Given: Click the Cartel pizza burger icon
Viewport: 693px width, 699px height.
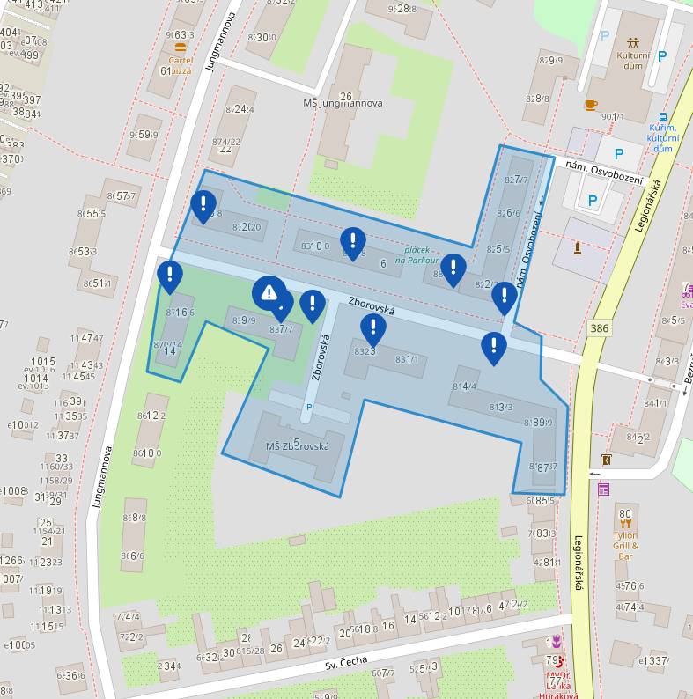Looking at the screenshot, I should tap(181, 48).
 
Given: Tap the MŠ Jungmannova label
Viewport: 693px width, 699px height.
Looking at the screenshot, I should tap(343, 103).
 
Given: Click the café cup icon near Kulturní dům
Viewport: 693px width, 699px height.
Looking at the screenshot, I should tap(591, 105).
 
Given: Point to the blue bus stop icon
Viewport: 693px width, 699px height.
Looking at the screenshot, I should tap(662, 116).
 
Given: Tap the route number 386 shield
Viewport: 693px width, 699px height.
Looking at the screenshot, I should tap(600, 327).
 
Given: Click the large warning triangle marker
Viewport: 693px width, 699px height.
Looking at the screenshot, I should tap(269, 293).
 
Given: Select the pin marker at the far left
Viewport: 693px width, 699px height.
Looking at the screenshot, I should tap(170, 276).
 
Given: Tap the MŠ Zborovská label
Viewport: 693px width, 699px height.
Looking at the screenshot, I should tap(297, 446).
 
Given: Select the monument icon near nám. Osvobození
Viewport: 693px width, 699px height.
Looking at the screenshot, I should tap(578, 248).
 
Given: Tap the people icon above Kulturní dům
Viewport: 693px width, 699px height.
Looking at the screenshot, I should tap(633, 42).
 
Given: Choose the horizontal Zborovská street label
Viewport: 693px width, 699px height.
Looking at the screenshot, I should tap(372, 305).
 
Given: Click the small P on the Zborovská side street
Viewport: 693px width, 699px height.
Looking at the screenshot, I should tap(308, 407).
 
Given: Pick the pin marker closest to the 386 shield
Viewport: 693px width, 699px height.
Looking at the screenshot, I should tap(504, 298).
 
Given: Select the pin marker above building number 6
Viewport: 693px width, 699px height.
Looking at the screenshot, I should tap(353, 240).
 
